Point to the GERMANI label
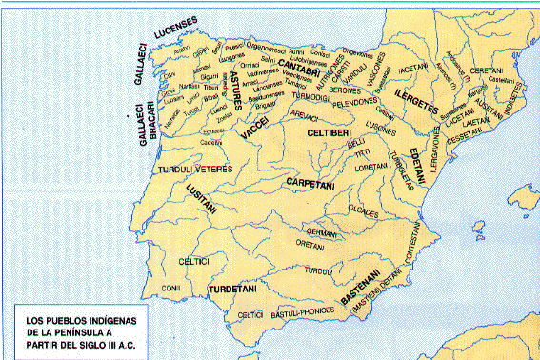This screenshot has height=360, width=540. [324, 231]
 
